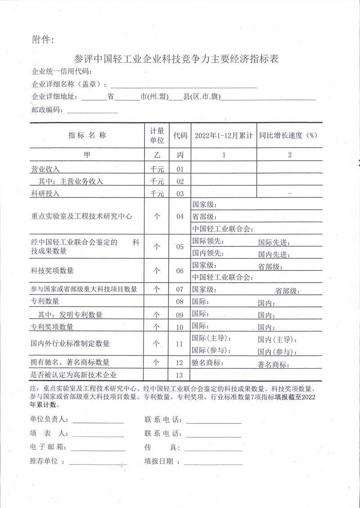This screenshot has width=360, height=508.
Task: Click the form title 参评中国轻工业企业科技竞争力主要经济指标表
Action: (x=176, y=59)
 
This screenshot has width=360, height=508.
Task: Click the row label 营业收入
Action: (x=45, y=169)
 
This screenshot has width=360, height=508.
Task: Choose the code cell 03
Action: (x=180, y=193)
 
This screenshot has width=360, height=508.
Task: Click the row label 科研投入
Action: (x=45, y=193)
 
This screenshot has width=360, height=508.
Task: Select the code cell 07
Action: (x=180, y=289)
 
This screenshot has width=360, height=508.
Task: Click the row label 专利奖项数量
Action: (x=52, y=326)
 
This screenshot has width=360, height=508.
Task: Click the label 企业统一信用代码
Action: (x=62, y=72)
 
